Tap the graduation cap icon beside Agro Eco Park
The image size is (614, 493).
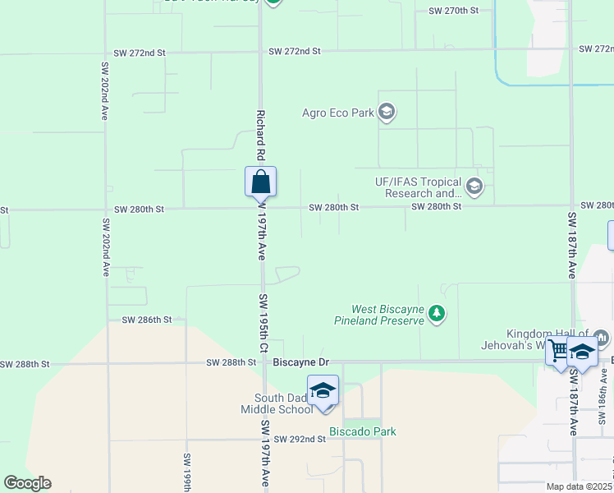click(x=387, y=113)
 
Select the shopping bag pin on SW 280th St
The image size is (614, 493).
click(x=260, y=182)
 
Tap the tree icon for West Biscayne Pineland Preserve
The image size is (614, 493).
click(x=438, y=314)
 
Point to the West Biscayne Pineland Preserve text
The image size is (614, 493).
click(x=387, y=315)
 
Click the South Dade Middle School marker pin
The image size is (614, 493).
click(x=323, y=389)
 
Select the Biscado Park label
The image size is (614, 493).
click(x=362, y=431)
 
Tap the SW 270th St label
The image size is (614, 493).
click(x=454, y=12)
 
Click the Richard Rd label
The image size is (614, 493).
click(x=260, y=136)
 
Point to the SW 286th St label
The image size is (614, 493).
click(x=146, y=319)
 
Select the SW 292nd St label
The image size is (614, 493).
click(x=300, y=440)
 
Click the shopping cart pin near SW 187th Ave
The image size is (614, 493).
click(x=559, y=351)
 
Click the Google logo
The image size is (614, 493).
click(x=27, y=483)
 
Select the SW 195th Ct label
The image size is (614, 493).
click(x=263, y=324)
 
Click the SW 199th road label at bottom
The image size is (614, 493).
click(x=188, y=472)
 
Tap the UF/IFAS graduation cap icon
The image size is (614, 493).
click(x=474, y=187)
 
